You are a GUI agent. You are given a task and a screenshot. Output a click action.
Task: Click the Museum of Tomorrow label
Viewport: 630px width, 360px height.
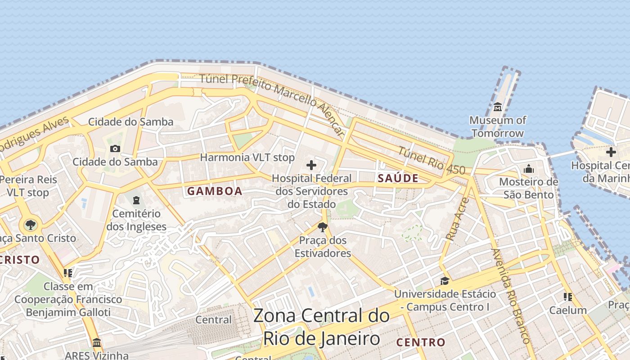coord(497,127)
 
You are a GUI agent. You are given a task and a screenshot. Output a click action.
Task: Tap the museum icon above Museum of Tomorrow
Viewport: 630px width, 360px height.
coord(498,107)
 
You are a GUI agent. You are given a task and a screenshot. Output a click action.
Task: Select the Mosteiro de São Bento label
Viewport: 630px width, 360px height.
coord(528,189)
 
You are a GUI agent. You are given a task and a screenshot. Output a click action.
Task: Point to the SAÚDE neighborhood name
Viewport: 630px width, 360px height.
coord(398,178)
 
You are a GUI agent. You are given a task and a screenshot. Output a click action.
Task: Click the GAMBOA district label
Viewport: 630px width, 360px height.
coord(215,191)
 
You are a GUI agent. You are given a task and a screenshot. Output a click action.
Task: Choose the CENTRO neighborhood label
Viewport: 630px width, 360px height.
coord(421,342)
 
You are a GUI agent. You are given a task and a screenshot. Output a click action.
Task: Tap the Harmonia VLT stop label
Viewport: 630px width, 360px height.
coord(247,157)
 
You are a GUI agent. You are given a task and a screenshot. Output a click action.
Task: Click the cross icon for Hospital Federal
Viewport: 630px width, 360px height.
coord(311,165)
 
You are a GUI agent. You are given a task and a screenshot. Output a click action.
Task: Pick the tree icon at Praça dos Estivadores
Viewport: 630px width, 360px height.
coord(322,227)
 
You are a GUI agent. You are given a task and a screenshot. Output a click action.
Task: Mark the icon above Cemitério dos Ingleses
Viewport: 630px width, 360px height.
coord(136,200)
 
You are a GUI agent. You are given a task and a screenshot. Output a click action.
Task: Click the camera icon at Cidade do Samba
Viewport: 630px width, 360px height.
coord(115,148)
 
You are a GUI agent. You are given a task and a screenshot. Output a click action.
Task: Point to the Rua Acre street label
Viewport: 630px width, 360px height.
coord(457,219)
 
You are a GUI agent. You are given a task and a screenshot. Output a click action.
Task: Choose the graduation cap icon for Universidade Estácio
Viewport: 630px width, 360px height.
coord(445,281)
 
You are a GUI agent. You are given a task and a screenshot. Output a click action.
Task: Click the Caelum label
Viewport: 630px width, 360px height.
coord(568,310)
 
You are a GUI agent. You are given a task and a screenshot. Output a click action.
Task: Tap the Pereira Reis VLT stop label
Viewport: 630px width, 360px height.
coord(28,186)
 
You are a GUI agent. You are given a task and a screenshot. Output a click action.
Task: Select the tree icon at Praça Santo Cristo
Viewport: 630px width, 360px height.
coord(30,225)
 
